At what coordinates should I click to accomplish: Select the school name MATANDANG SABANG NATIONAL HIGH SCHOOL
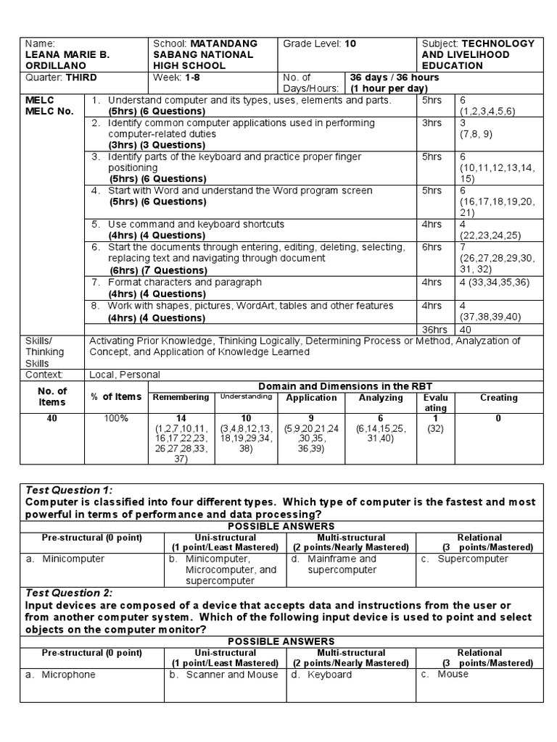click(205, 54)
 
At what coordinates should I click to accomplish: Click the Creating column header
click(498, 398)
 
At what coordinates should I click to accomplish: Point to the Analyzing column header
click(381, 398)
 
